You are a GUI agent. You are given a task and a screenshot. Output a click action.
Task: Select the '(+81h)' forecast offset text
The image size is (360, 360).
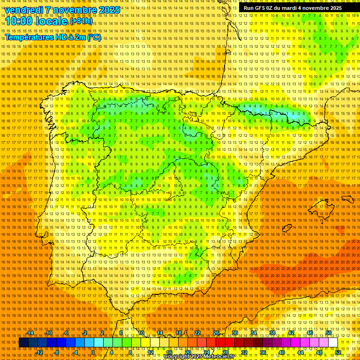81,22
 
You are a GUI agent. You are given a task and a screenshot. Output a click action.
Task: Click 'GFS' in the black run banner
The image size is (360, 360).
259,8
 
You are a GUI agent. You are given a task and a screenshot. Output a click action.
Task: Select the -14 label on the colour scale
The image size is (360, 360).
30,333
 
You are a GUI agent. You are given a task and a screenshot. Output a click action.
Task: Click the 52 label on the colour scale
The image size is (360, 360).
338,352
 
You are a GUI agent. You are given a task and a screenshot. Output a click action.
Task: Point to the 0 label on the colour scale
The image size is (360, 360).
93,352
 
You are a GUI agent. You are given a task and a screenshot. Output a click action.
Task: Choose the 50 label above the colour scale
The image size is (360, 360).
329,333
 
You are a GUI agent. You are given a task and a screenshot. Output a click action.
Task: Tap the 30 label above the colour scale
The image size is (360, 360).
235,333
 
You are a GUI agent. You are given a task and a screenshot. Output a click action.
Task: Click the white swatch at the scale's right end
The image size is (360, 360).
333,343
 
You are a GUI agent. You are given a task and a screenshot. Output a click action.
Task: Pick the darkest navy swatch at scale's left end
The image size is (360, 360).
23,343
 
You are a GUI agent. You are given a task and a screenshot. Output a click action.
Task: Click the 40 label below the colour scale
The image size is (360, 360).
281,352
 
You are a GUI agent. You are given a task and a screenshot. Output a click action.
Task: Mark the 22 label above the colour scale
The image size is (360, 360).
197,333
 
